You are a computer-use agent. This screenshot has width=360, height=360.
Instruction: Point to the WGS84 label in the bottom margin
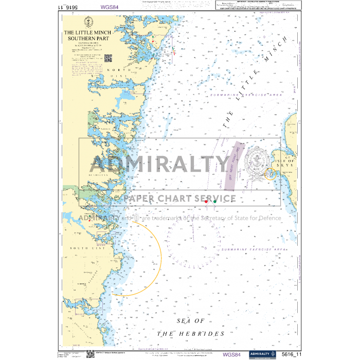click(231, 354)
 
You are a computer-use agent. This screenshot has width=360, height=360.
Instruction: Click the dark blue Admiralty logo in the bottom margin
click(262, 354)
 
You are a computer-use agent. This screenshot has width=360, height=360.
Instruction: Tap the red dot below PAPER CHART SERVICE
click(206, 202)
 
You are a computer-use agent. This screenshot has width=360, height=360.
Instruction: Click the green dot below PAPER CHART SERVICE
click(214, 202)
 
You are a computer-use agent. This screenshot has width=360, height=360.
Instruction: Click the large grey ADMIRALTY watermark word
click(160, 165)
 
